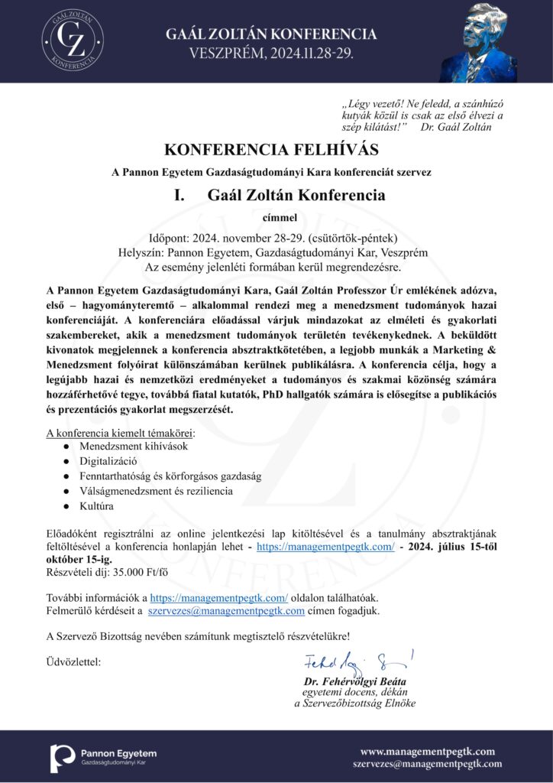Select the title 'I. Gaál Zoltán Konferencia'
(279, 195)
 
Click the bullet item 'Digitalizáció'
(108, 461)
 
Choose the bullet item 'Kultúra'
(96, 506)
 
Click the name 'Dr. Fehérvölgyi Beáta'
(355, 681)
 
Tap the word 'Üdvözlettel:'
(73, 660)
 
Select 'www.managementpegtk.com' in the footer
(427, 751)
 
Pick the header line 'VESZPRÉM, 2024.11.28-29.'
(271, 52)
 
